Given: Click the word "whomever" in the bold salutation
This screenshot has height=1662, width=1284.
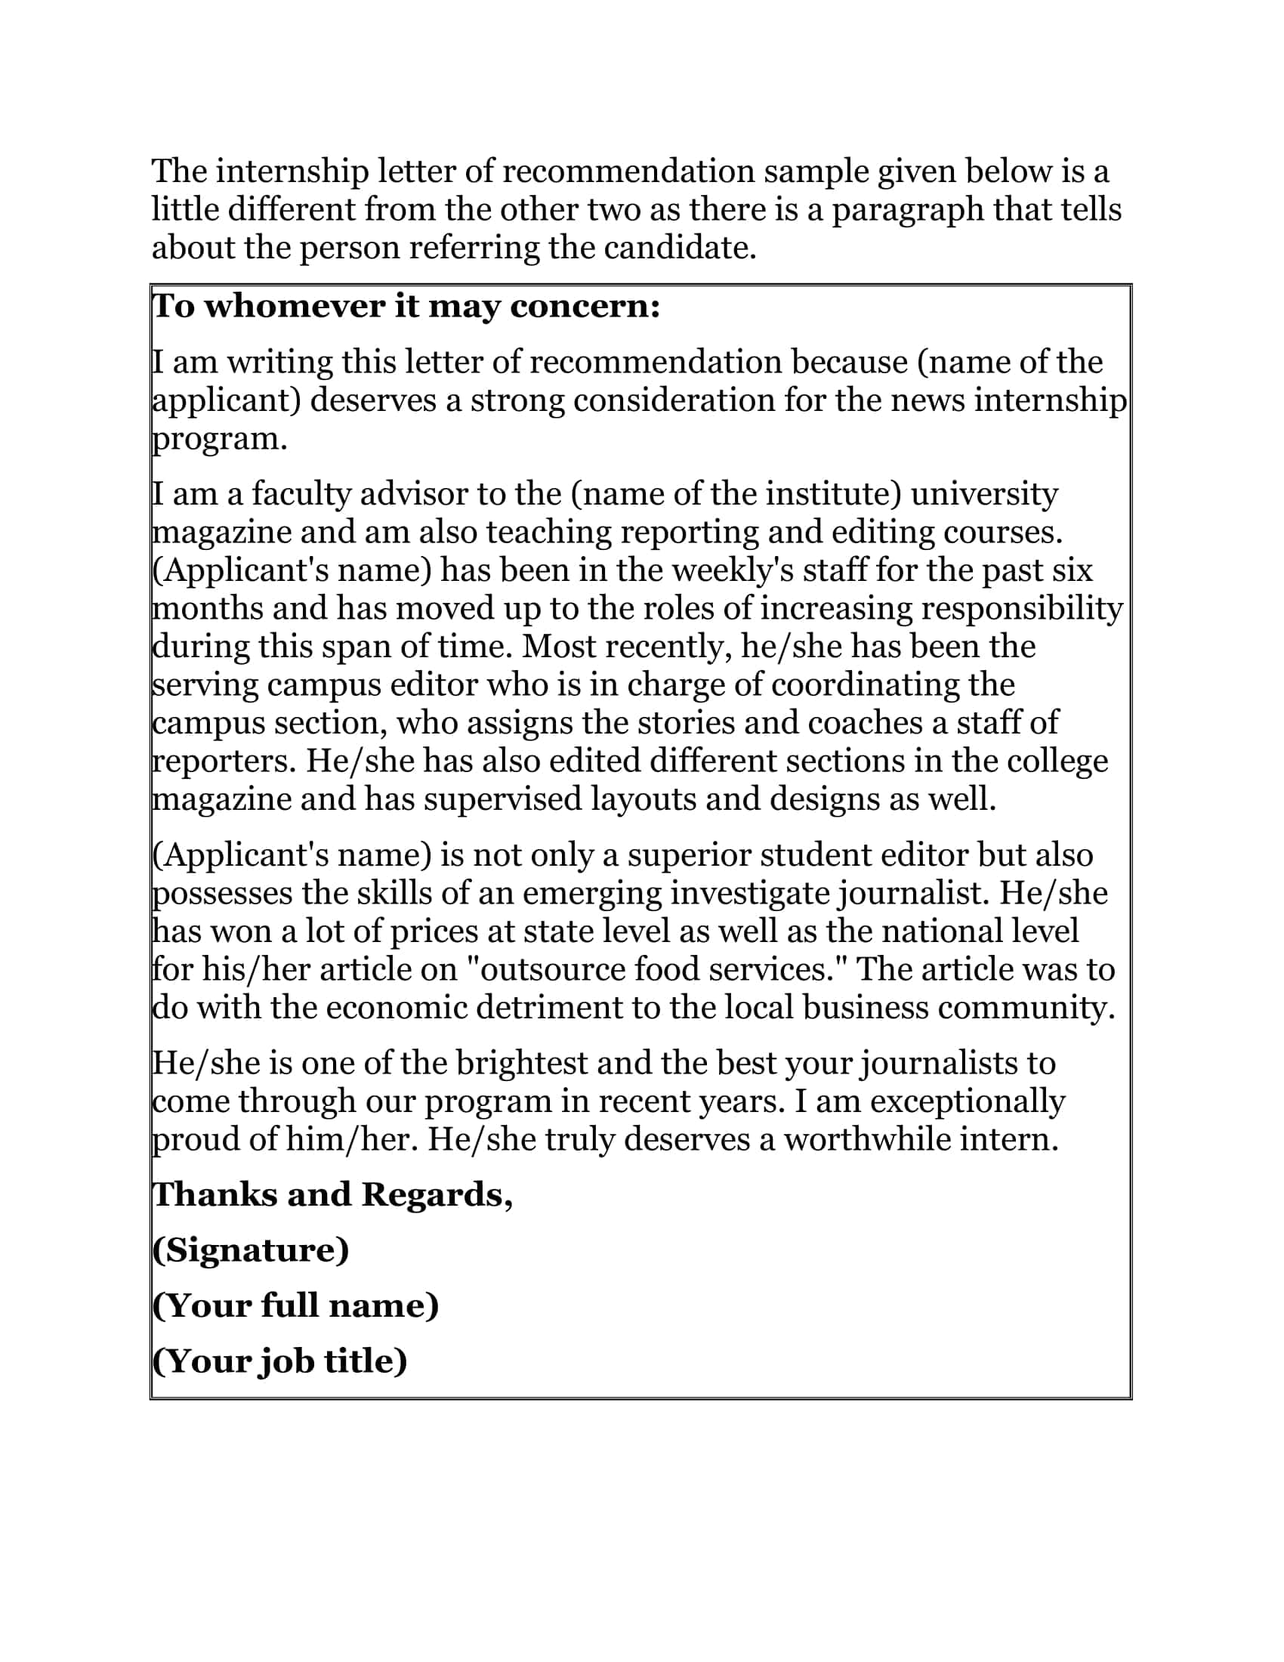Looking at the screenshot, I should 294,307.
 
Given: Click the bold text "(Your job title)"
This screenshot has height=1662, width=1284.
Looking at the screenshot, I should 279,1361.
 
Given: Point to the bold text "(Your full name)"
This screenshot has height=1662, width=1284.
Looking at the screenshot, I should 295,1305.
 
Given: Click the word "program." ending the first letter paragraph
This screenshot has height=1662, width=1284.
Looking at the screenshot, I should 220,439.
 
